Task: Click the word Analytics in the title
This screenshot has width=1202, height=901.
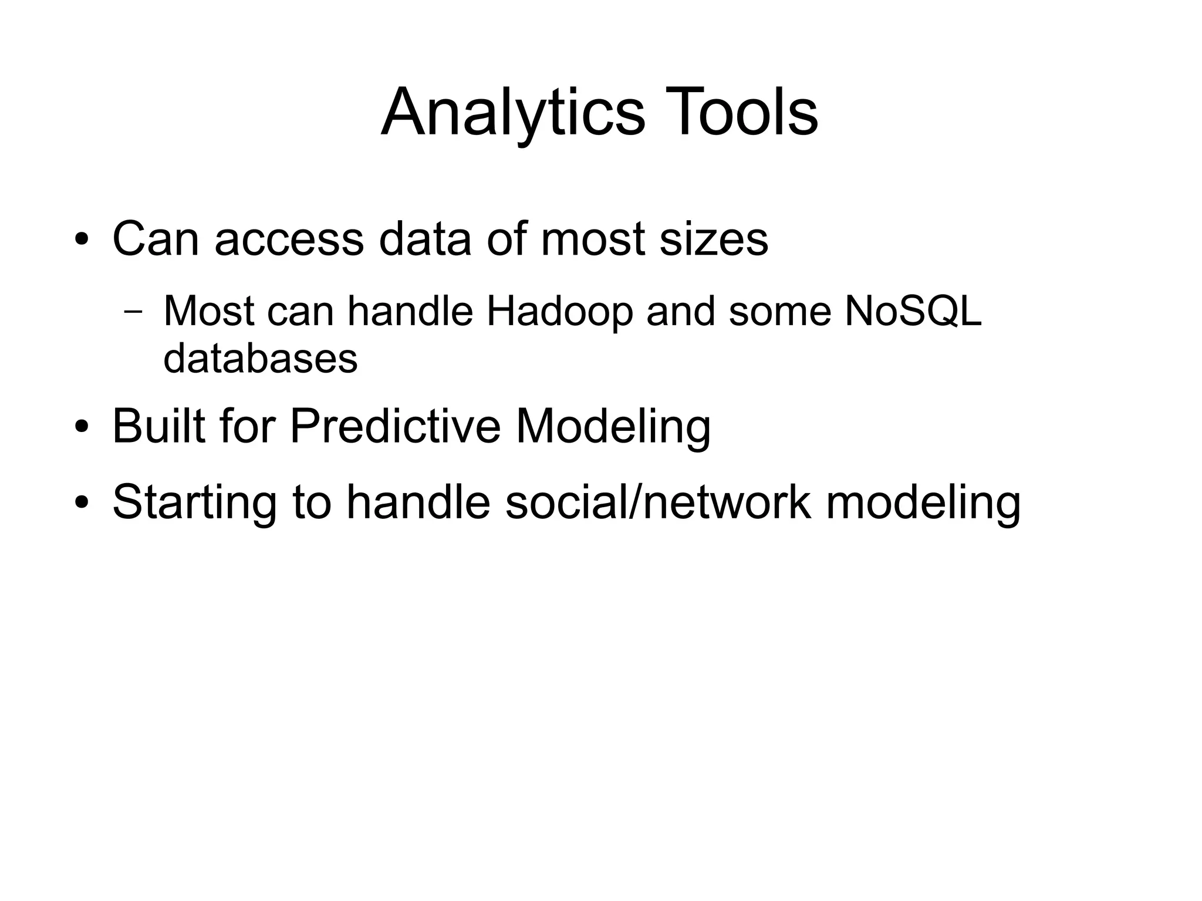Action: tap(512, 113)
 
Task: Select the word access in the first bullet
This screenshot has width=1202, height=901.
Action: tap(289, 239)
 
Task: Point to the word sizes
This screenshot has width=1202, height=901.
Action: tap(713, 239)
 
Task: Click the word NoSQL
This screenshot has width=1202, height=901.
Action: tap(913, 311)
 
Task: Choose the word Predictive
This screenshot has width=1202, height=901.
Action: tap(395, 427)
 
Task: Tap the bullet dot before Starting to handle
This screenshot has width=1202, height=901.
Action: tap(82, 503)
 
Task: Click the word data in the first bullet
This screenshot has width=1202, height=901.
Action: tap(425, 239)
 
